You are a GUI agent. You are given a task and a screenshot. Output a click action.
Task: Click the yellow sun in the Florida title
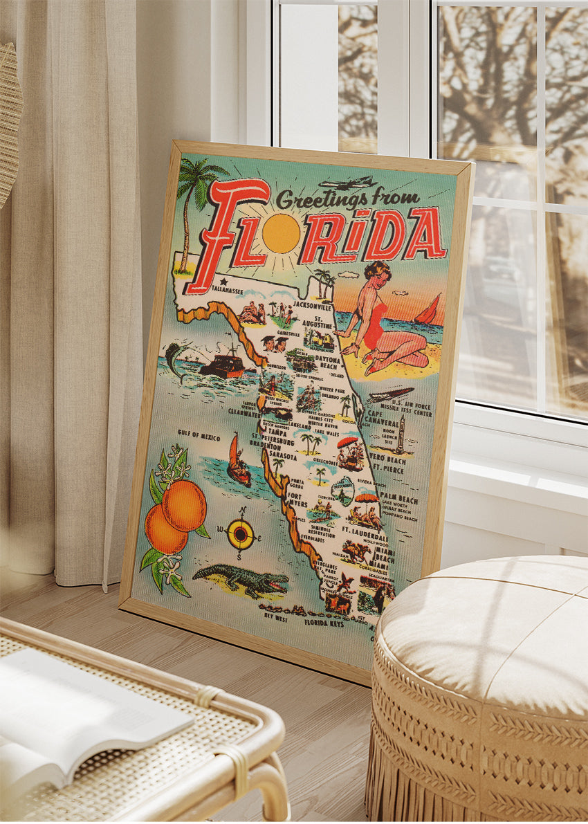point(281,233)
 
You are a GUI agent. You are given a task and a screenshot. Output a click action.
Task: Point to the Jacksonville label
point(313,304)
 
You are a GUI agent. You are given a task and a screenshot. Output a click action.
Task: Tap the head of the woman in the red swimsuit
point(378,272)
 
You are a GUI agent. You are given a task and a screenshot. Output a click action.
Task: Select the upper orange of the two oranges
point(183,506)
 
